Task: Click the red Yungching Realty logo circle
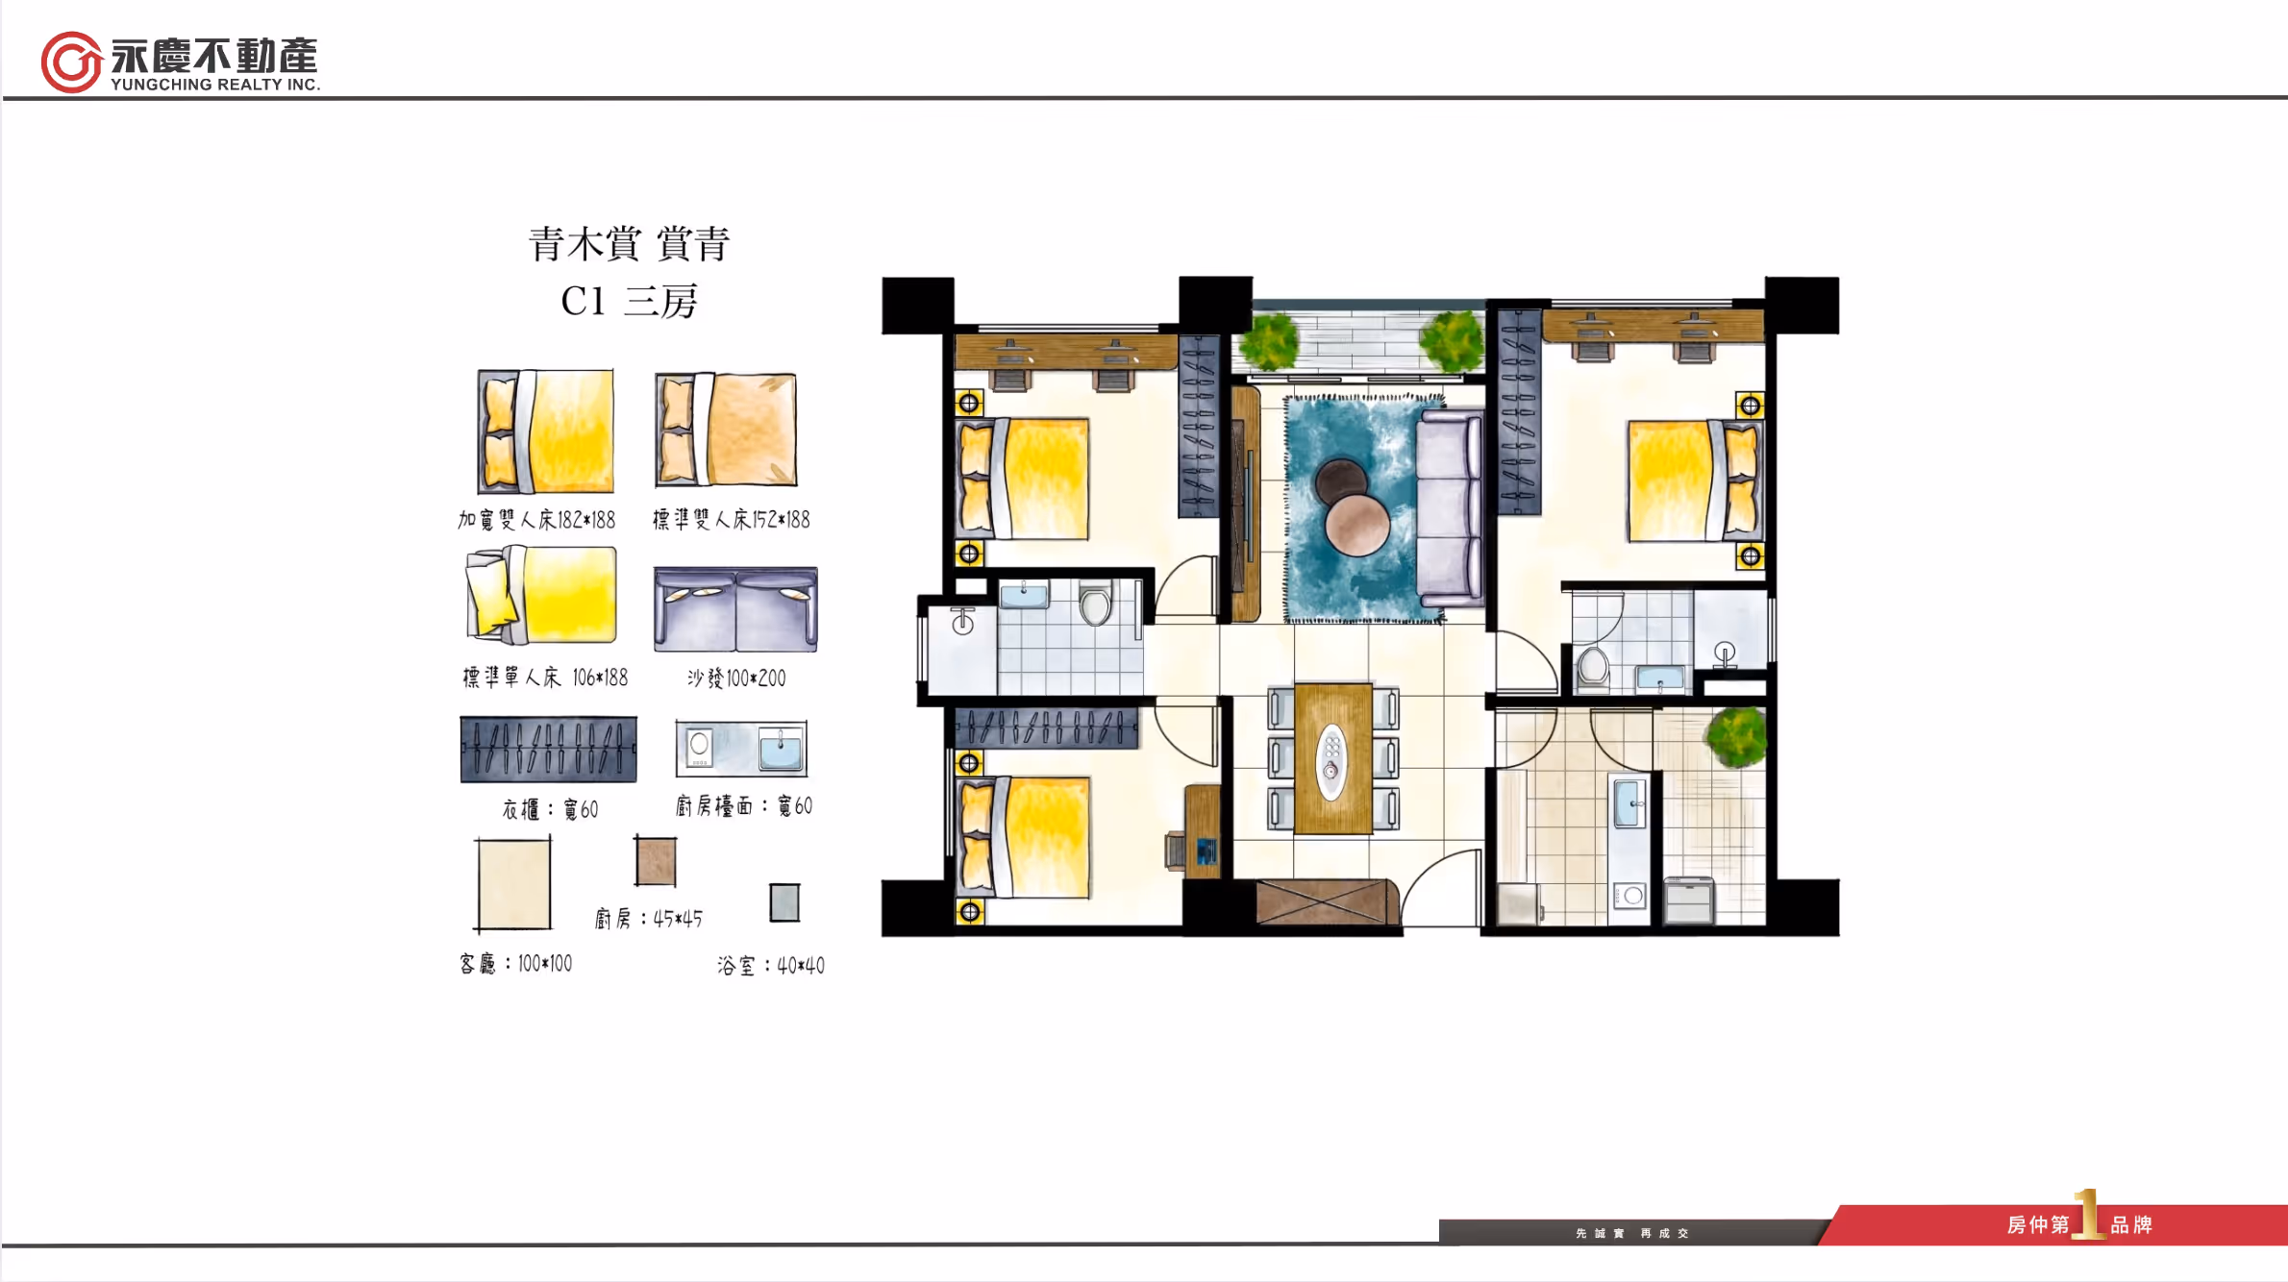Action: pyautogui.click(x=71, y=62)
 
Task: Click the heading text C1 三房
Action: pyautogui.click(x=629, y=301)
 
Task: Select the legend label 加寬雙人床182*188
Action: pyautogui.click(x=536, y=520)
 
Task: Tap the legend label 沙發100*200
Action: pyautogui.click(x=736, y=678)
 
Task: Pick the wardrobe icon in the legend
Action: pyautogui.click(x=548, y=750)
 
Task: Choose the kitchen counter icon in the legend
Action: pyautogui.click(x=741, y=749)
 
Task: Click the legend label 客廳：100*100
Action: pyautogui.click(x=516, y=963)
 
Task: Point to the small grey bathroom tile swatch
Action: pyautogui.click(x=784, y=902)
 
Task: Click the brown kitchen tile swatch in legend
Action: pyautogui.click(x=656, y=860)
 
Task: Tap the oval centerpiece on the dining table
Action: pyautogui.click(x=1331, y=760)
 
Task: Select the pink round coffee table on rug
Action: pyautogui.click(x=1357, y=525)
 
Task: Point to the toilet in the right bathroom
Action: pyautogui.click(x=1593, y=666)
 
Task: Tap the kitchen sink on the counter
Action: pyautogui.click(x=1628, y=803)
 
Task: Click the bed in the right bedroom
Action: pyautogui.click(x=1694, y=481)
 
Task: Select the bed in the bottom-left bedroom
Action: pyautogui.click(x=1025, y=837)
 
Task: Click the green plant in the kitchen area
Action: pyautogui.click(x=1737, y=736)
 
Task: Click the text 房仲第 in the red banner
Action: pyautogui.click(x=2037, y=1224)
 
